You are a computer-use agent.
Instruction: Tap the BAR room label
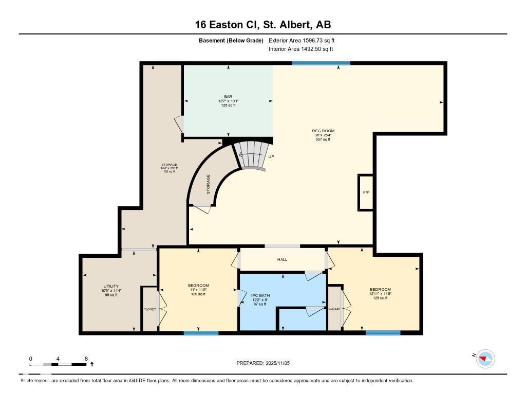click(x=228, y=96)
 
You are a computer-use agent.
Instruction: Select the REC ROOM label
click(x=323, y=131)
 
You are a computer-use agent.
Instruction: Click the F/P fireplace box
click(x=366, y=192)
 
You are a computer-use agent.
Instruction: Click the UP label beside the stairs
click(x=271, y=157)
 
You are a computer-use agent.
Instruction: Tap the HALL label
click(x=282, y=259)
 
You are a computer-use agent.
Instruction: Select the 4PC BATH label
click(x=260, y=295)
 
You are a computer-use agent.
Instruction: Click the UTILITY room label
click(x=111, y=286)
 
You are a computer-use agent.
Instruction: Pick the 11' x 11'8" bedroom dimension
click(x=198, y=290)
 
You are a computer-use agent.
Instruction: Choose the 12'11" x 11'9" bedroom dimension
click(x=380, y=294)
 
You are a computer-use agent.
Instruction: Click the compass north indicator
click(x=484, y=358)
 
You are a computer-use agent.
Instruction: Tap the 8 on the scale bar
click(x=86, y=359)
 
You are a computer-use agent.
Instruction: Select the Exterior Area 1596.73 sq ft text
click(x=302, y=40)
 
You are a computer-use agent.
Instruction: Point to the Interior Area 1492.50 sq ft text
click(x=300, y=49)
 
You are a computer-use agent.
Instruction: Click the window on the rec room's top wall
click(x=321, y=63)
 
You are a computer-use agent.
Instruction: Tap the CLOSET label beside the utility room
click(x=149, y=309)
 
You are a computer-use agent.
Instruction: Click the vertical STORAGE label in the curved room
click(x=208, y=184)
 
